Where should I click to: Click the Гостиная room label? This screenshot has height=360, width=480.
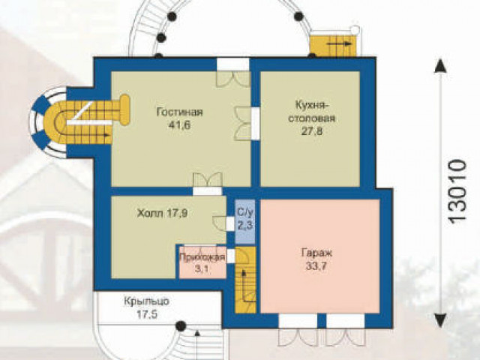click(x=180, y=112)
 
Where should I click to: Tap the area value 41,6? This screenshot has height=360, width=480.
click(x=180, y=125)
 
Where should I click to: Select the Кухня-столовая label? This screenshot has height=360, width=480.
click(x=312, y=112)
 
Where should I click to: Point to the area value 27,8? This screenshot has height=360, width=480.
click(x=312, y=131)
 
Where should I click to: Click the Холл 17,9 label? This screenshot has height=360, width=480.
click(x=162, y=213)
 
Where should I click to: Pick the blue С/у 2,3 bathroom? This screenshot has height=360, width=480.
click(x=245, y=222)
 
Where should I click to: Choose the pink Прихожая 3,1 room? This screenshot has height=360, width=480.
click(x=202, y=262)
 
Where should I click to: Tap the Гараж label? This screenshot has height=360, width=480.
click(x=316, y=253)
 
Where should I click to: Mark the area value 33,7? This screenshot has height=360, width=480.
click(x=316, y=266)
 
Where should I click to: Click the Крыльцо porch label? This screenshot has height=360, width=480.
click(x=146, y=301)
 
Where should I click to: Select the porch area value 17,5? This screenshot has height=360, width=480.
click(x=147, y=315)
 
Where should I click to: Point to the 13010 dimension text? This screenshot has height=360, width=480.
click(x=457, y=190)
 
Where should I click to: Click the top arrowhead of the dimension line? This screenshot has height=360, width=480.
click(x=440, y=66)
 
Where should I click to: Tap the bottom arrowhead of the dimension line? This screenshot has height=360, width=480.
click(x=440, y=320)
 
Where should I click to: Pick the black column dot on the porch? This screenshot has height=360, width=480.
click(x=181, y=326)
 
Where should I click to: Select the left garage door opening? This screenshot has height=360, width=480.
click(x=298, y=321)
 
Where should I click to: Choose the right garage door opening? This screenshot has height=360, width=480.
click(x=345, y=321)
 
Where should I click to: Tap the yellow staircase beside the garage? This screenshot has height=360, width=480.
click(x=245, y=280)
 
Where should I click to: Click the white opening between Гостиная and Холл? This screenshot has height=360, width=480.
click(x=207, y=191)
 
